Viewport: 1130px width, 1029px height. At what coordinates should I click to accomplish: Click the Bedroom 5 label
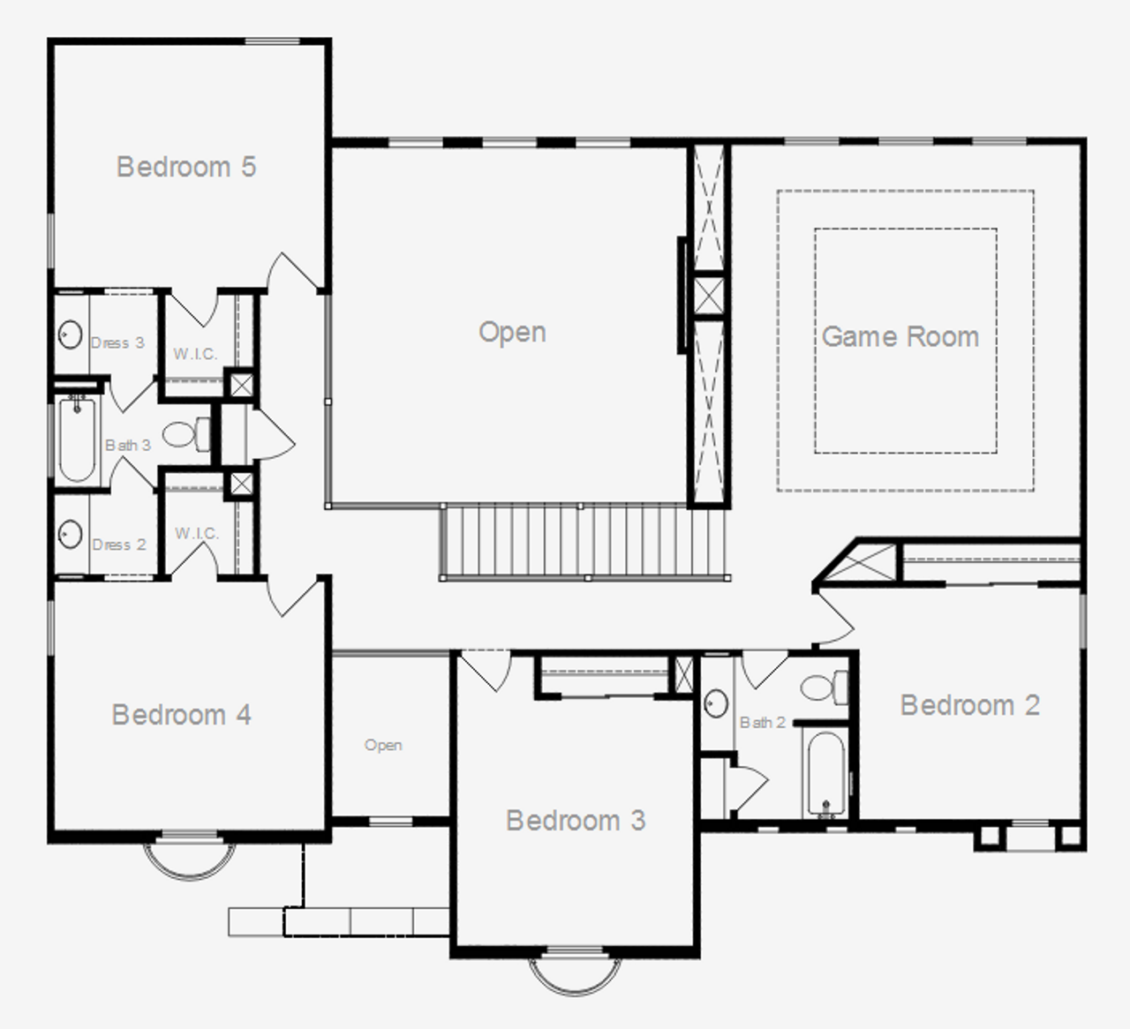[186, 167]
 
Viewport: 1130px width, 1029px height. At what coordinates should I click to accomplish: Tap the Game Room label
[900, 336]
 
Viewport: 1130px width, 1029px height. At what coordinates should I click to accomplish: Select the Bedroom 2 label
[969, 705]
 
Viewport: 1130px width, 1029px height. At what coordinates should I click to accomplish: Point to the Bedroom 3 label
[576, 821]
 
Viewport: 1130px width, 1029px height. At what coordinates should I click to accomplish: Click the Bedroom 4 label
[182, 714]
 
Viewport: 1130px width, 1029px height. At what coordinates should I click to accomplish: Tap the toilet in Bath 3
[186, 433]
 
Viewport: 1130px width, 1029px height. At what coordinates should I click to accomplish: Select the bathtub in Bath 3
[78, 439]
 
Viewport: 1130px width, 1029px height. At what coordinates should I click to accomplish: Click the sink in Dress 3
[70, 335]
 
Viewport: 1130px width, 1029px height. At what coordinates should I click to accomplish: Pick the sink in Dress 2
[70, 534]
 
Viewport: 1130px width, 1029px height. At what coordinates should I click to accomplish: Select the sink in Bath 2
[716, 703]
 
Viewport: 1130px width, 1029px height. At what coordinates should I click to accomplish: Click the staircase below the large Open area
[583, 541]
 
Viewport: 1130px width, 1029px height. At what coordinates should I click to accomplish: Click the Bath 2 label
[762, 723]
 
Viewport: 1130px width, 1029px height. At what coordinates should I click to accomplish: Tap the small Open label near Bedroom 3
[383, 745]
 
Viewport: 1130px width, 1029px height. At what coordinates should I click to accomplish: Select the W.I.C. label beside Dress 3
[195, 354]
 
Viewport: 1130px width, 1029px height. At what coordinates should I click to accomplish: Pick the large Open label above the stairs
[512, 332]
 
